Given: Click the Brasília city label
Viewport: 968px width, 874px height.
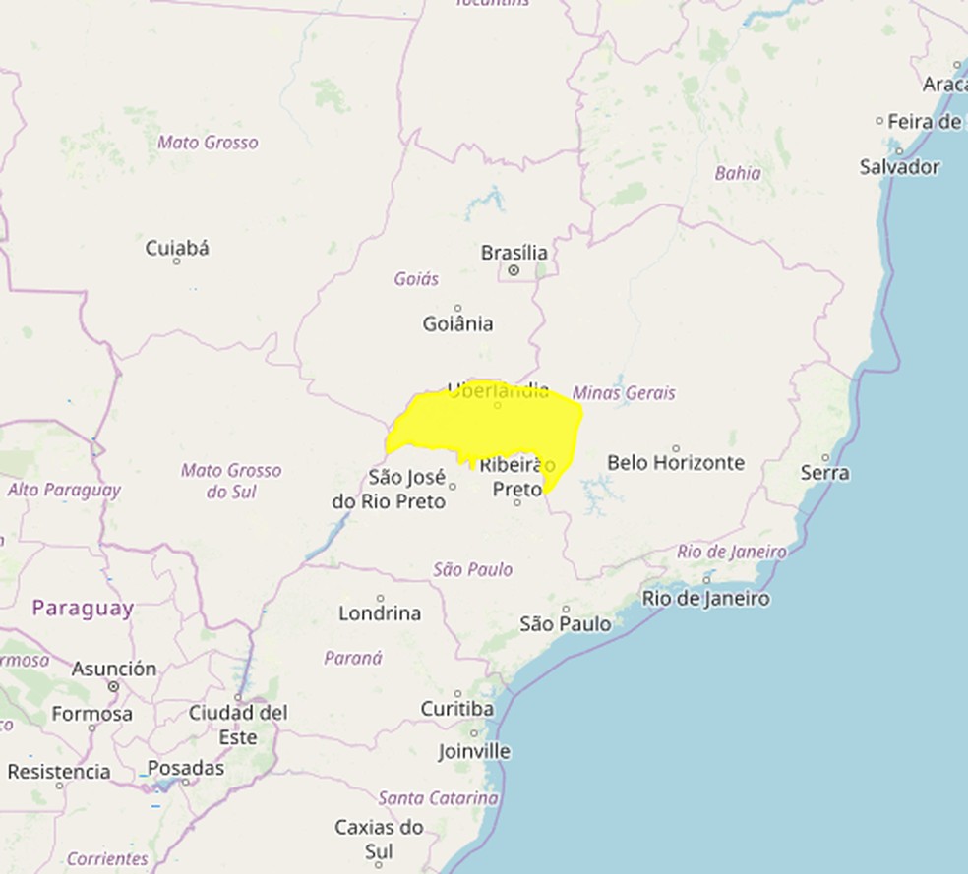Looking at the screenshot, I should point(514,253).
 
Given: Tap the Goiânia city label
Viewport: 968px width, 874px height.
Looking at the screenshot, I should point(457,323).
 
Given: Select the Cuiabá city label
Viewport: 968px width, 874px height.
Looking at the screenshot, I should point(177,248).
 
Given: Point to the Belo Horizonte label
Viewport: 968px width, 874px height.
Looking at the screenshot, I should point(676,462).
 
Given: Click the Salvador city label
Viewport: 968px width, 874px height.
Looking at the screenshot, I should point(899,167).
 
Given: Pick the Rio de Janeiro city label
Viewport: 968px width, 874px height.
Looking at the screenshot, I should point(705,598).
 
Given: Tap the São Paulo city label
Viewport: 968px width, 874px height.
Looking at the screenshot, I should point(565,623).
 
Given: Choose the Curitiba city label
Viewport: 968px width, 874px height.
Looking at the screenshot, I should point(456,708).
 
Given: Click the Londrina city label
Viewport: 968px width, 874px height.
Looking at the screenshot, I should point(380,612).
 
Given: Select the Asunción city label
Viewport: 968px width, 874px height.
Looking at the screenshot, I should point(113,669).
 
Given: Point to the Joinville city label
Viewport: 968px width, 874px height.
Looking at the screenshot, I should point(474,751).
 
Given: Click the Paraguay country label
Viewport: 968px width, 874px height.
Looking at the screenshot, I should point(82,609).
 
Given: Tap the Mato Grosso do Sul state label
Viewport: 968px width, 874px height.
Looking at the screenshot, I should point(230,481).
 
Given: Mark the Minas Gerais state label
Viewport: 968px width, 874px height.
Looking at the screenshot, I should point(624,393).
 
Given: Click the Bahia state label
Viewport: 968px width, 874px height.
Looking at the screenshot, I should point(738,173).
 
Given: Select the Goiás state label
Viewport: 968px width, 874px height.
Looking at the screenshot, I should point(416,279).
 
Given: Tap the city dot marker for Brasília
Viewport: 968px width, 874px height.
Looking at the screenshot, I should point(514,269).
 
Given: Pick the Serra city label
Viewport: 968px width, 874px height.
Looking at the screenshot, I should point(824,473).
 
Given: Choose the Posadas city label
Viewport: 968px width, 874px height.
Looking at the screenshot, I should point(186,768).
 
